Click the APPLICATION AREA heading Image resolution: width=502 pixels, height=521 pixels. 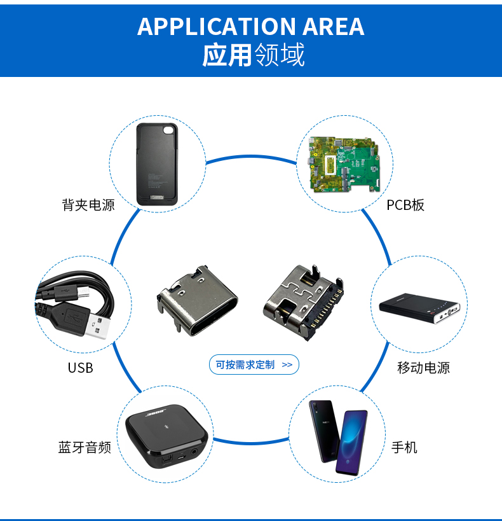(250, 26)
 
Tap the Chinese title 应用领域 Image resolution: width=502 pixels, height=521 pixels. (254, 55)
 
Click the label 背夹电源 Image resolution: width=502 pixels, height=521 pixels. (88, 205)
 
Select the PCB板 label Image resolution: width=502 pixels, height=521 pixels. (405, 205)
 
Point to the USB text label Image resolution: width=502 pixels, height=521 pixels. (80, 368)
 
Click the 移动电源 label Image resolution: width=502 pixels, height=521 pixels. (423, 368)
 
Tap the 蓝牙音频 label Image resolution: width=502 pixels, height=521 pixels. (85, 447)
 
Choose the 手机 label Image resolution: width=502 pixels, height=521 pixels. (404, 447)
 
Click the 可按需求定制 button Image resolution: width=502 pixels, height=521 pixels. (254, 365)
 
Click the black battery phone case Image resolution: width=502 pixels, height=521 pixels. (157, 164)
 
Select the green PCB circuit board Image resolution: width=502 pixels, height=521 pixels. (344, 164)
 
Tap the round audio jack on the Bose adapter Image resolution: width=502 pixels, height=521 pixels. (194, 452)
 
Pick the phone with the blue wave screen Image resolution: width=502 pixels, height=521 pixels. (351, 442)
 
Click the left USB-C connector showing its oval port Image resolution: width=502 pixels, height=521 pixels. (197, 301)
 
